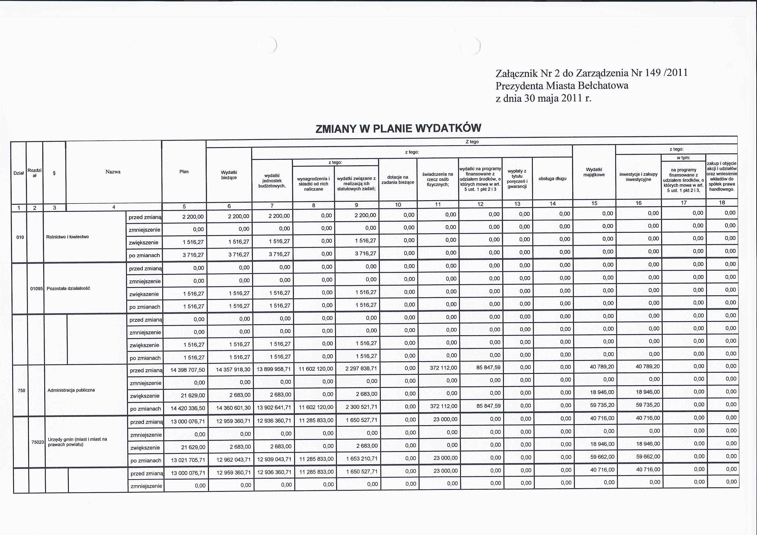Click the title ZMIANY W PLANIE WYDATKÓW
coord(398,128)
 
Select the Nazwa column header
coord(113,172)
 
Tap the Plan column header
coord(184,172)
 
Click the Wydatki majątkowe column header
coord(594,172)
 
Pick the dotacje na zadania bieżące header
coord(398,180)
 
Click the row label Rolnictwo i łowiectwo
coord(68,237)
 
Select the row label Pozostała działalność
coord(68,288)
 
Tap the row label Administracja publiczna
coord(71,390)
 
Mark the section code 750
coord(21,391)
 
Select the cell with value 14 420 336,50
coord(188,408)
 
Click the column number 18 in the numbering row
coord(722,203)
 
